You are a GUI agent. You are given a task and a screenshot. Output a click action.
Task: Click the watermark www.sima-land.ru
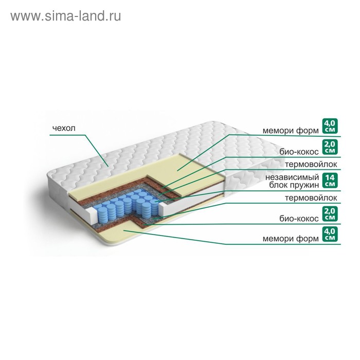click(66, 16)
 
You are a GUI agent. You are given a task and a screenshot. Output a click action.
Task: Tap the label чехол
click(63, 128)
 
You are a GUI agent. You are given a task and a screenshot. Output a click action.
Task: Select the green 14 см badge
click(330, 181)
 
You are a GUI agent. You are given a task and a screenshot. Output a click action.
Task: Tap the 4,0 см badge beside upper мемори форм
click(330, 125)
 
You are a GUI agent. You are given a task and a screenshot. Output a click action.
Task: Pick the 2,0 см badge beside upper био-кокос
click(330, 147)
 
